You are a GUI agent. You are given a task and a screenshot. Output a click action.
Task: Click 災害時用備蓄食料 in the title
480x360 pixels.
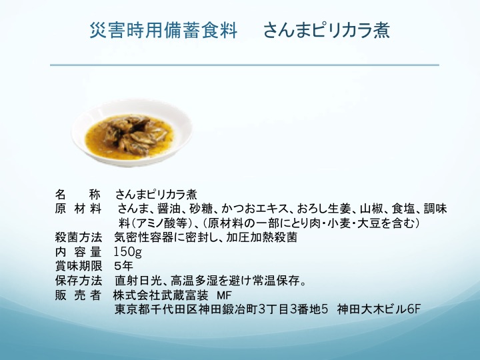163,30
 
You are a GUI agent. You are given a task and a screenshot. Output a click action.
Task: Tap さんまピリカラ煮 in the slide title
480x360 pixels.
326,30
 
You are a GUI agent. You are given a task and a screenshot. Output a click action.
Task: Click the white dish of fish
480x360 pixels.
132,132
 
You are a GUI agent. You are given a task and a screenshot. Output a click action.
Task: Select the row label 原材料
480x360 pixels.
79,209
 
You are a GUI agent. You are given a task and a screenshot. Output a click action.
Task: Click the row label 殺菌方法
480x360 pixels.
79,237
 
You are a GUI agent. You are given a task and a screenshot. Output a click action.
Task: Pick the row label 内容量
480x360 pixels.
79,251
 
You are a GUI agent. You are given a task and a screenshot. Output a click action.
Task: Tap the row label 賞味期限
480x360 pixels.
79,266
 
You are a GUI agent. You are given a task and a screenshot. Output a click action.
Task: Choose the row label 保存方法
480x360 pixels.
79,281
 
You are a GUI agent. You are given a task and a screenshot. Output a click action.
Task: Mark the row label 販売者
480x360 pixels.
79,295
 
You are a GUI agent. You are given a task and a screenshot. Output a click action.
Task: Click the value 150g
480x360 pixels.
127,252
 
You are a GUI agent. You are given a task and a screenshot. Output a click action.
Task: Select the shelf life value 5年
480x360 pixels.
124,266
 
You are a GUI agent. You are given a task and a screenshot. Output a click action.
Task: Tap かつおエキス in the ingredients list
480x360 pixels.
255,209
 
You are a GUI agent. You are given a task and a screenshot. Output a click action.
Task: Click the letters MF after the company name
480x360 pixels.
224,295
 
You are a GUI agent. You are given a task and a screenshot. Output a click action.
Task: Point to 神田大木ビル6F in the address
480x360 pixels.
379,309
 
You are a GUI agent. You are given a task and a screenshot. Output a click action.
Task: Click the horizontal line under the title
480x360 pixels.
245,65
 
